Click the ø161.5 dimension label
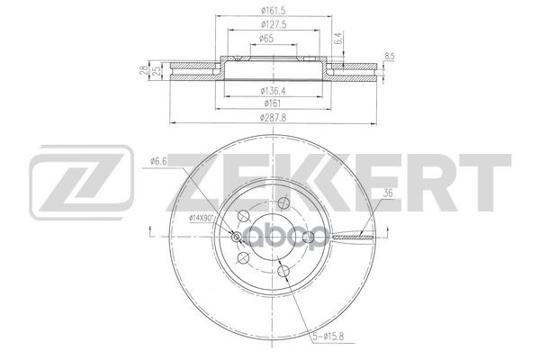273,11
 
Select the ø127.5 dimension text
274,25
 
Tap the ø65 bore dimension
266,39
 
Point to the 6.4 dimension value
338,38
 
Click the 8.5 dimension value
389,57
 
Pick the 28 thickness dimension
145,70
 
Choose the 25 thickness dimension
156,70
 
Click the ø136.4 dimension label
274,91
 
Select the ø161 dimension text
273,103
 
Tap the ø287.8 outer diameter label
274,118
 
